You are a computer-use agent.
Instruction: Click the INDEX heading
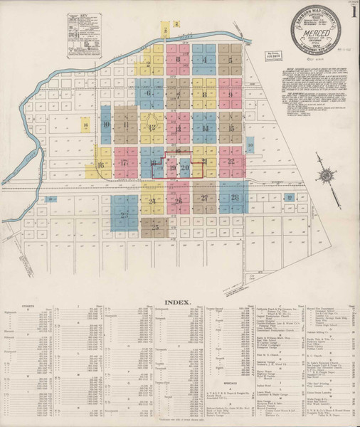(178, 302)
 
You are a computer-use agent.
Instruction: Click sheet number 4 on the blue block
(205, 60)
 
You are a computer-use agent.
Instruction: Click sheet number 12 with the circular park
(152, 127)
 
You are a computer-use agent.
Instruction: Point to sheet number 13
(178, 128)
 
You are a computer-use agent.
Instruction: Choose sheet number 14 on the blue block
(205, 128)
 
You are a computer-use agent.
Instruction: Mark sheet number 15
(232, 128)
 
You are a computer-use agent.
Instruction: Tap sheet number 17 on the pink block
(125, 163)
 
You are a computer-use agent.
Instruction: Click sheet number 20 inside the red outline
(184, 168)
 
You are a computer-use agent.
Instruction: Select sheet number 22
(232, 162)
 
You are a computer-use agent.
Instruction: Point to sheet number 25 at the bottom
(155, 227)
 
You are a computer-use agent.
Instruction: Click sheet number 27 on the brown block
(205, 198)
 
